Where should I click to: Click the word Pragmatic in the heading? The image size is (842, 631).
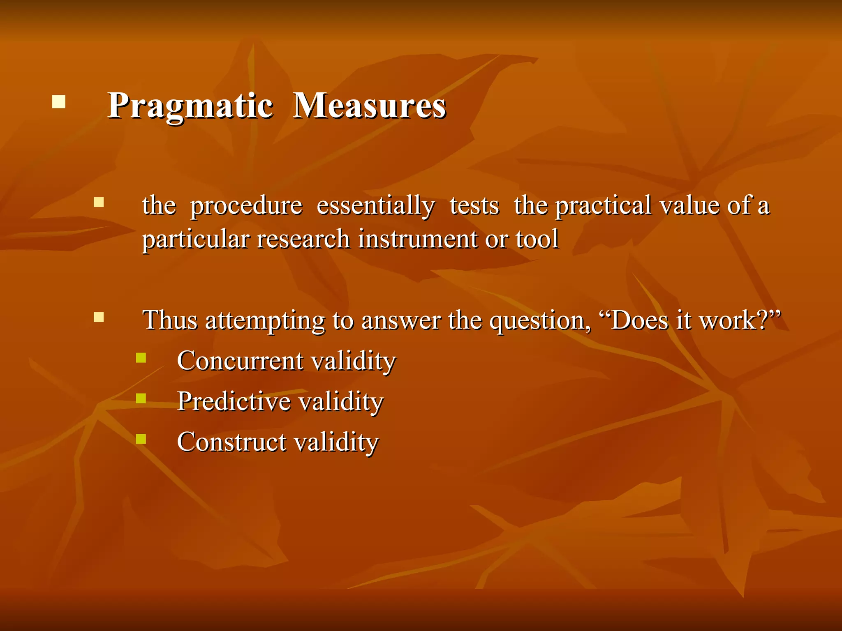point(190,106)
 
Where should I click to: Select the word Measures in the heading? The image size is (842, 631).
point(369,106)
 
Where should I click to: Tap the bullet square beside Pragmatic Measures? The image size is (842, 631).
point(59,101)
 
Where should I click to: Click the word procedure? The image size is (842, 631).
point(246,206)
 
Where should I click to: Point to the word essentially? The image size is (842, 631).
point(375,206)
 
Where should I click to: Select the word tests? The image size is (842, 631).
point(474,206)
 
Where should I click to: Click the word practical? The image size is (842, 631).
point(603,206)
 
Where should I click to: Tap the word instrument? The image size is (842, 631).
point(417,239)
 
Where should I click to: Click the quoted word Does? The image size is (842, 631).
point(639,320)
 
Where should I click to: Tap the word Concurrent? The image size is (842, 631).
point(241,361)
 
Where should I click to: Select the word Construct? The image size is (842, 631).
point(232,442)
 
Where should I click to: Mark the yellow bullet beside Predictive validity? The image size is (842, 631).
point(141,398)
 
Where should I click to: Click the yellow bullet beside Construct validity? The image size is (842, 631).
point(141,439)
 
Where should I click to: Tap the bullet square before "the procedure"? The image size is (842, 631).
point(99,202)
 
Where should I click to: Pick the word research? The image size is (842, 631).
point(303,239)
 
